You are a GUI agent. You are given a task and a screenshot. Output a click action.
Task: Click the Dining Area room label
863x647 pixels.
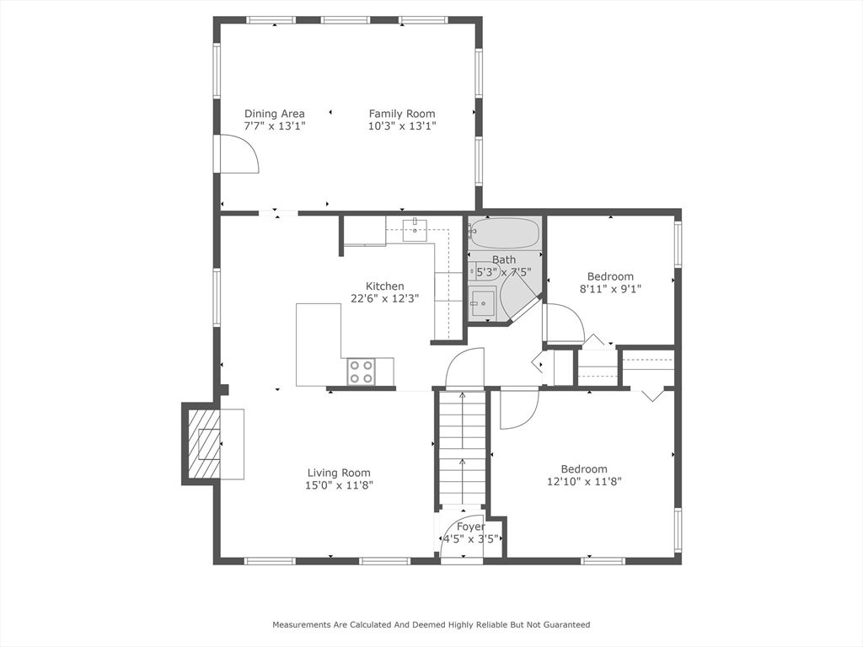click(x=275, y=114)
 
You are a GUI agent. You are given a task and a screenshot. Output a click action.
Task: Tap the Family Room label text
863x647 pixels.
click(x=402, y=114)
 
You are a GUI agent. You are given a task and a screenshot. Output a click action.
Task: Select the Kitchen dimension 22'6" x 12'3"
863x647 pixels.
click(x=384, y=298)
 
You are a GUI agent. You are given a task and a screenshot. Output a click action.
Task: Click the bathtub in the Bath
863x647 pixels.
click(x=504, y=233)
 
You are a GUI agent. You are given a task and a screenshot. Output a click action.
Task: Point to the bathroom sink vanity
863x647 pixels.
click(x=483, y=302)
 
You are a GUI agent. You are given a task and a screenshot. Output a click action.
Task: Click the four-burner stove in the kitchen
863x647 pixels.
click(x=362, y=372)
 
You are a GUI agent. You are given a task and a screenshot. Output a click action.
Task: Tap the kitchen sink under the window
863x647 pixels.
click(x=415, y=228)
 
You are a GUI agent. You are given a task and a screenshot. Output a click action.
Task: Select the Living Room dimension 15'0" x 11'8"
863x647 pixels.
click(x=339, y=485)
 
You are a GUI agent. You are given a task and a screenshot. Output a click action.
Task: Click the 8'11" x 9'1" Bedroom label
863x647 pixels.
click(x=610, y=276)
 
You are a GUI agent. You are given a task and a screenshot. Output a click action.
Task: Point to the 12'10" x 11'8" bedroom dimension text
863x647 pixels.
click(x=584, y=482)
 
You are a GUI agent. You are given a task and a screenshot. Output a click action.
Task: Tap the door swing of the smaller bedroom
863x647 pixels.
click(x=563, y=323)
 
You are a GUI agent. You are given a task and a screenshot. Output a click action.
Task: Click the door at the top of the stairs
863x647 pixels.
click(x=466, y=369)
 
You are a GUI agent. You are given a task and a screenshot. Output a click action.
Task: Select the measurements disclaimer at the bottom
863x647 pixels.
click(x=431, y=625)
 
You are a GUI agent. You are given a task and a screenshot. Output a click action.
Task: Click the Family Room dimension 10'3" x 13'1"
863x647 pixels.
click(x=402, y=126)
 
